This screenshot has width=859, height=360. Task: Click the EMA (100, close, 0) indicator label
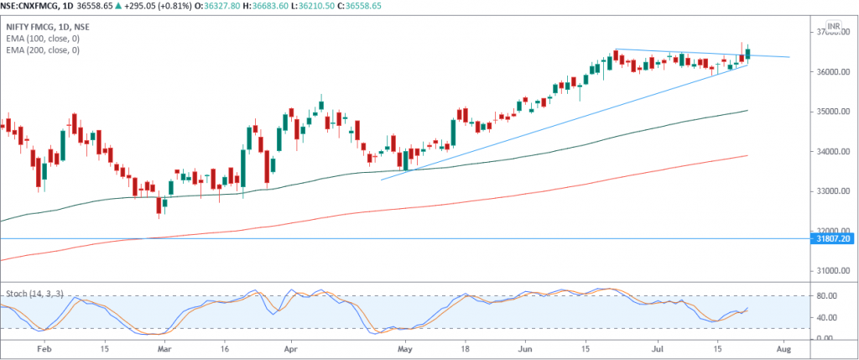click(x=43, y=39)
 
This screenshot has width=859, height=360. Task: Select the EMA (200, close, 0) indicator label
click(x=43, y=50)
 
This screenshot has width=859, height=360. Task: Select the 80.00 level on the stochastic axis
click(x=825, y=295)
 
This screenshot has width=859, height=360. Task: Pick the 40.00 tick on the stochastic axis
click(x=825, y=317)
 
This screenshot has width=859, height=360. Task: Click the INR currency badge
click(x=833, y=28)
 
